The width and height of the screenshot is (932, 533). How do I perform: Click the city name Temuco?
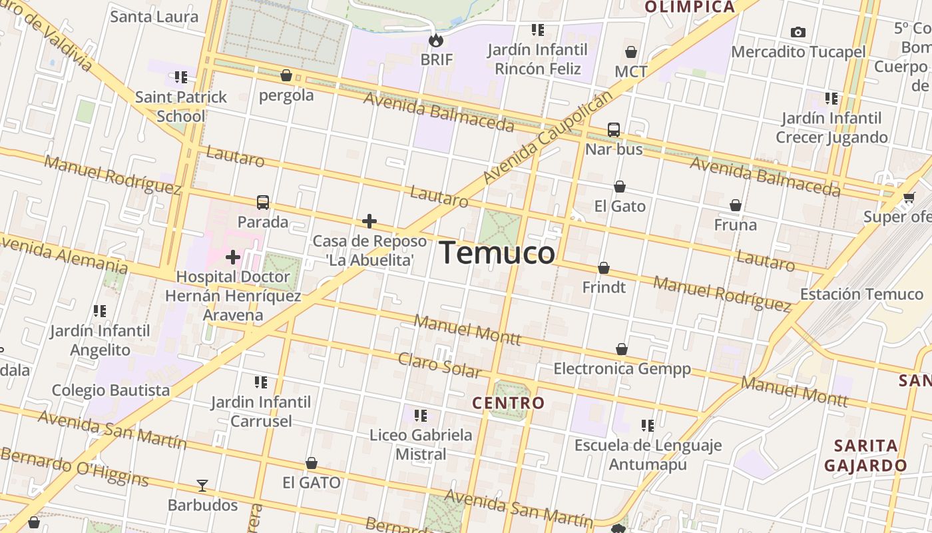[x=497, y=254]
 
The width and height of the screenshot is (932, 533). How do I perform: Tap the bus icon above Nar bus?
[x=614, y=129]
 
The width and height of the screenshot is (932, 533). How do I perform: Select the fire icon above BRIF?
[x=436, y=40]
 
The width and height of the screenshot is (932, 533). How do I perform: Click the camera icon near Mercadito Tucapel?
[x=798, y=32]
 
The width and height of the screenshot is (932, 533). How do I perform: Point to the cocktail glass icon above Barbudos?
[x=202, y=486]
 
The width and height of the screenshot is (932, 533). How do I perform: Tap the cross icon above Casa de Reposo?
[x=369, y=221]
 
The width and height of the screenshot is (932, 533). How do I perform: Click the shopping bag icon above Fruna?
[x=736, y=205]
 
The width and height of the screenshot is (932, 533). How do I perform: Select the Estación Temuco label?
[x=861, y=294]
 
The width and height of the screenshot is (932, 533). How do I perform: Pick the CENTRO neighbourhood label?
[x=508, y=402]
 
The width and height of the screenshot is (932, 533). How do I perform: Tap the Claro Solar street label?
[x=439, y=366]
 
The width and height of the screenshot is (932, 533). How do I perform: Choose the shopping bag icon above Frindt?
[x=604, y=268]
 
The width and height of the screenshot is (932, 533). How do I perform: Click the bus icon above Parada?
[x=263, y=202]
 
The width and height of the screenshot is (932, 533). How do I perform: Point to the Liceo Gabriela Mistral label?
[x=421, y=444]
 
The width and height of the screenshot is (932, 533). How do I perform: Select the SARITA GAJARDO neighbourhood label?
[x=865, y=456]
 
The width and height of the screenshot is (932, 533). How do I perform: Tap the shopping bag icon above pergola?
[x=286, y=76]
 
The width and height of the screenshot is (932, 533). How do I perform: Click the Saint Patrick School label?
[x=181, y=107]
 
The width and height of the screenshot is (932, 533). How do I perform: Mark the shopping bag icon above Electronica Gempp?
[x=622, y=349]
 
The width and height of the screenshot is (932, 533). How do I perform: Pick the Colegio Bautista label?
[x=111, y=390]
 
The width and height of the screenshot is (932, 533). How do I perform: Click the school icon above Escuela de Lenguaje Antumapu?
[x=647, y=425]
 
